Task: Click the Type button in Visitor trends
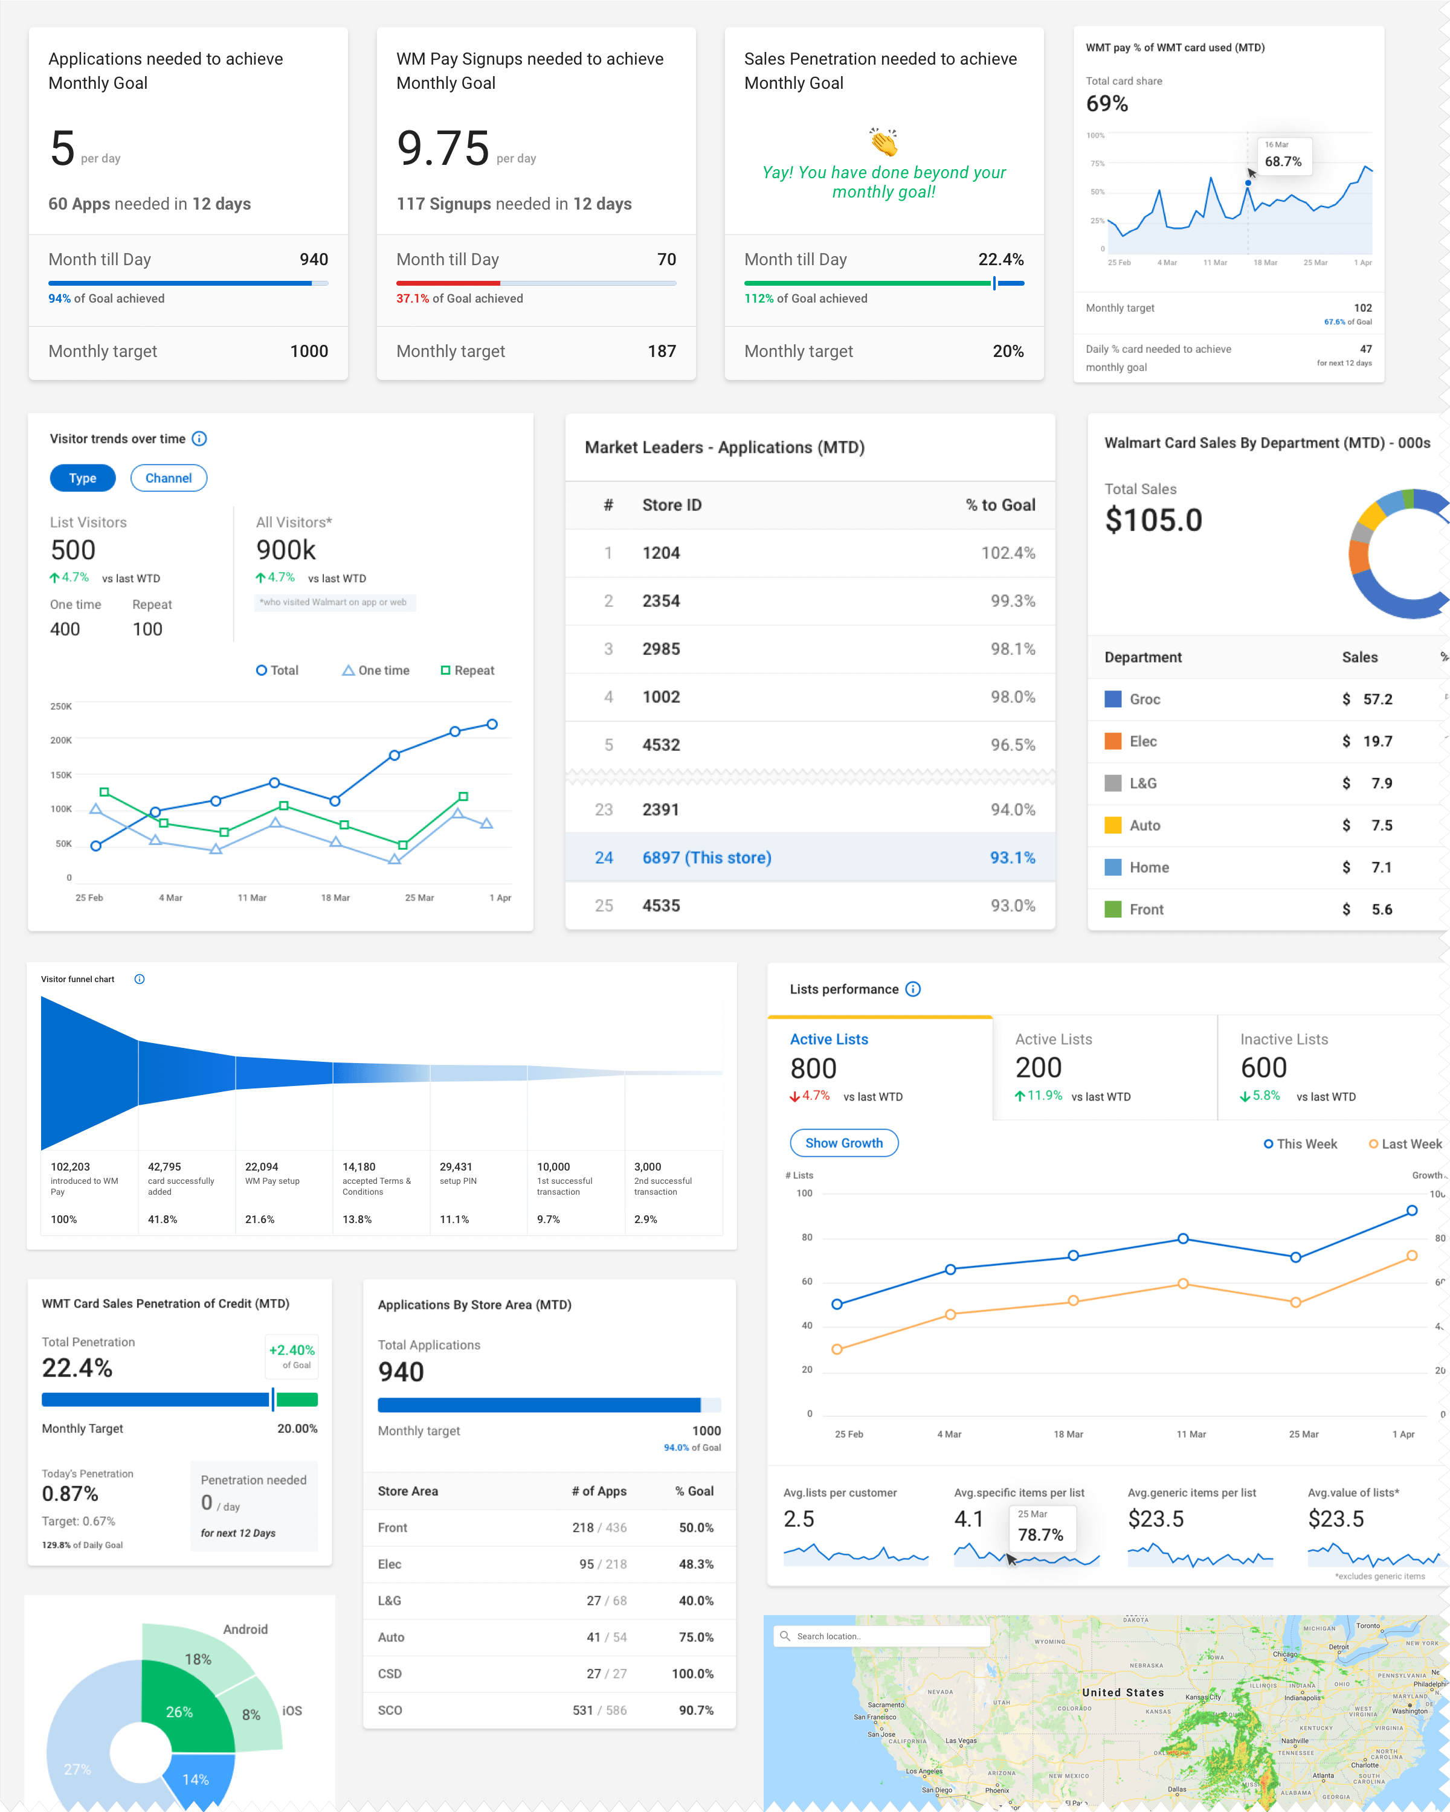[82, 478]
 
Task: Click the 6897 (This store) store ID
[706, 857]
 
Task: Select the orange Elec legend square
[1113, 741]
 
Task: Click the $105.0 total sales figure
[1153, 520]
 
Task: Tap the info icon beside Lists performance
[913, 989]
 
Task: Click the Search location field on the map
[883, 1636]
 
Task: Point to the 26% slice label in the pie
[179, 1712]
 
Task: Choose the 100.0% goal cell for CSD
[692, 1673]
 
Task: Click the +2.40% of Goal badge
[292, 1355]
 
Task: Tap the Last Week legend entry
[1405, 1144]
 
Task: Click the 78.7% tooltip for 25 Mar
[1040, 1529]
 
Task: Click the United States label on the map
[1123, 1692]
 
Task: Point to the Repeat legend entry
[468, 670]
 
